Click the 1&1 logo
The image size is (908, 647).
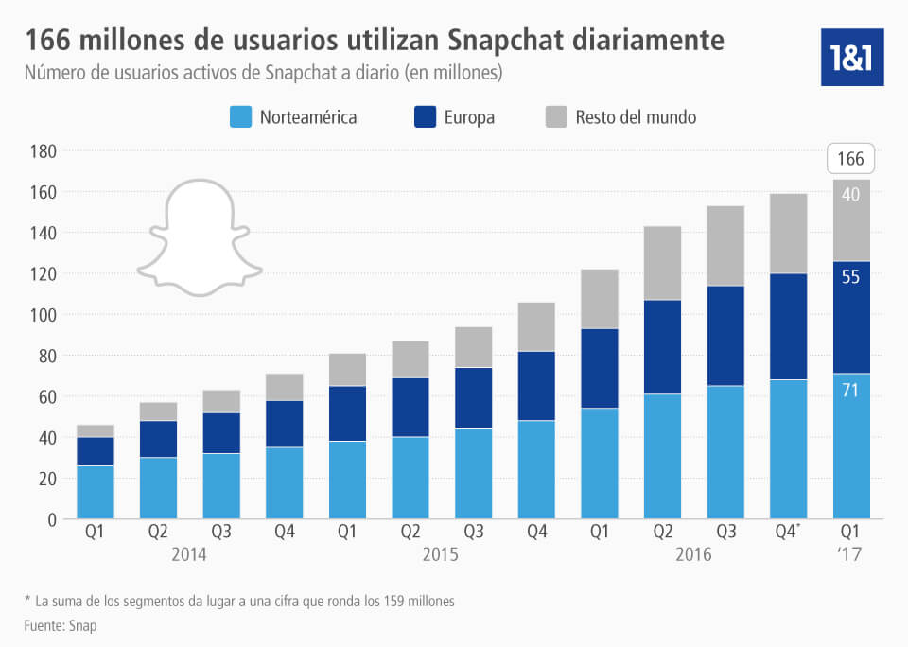[852, 56]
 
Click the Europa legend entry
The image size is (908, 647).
[454, 117]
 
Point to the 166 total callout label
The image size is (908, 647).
[851, 159]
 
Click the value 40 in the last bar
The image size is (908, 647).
[851, 195]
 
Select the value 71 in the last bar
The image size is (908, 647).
[851, 390]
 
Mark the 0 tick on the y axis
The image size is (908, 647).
[53, 519]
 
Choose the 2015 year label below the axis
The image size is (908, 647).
[442, 554]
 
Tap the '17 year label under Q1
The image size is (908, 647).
[851, 554]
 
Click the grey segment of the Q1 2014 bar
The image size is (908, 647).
[96, 431]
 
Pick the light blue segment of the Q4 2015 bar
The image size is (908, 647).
[536, 469]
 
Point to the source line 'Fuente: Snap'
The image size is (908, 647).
[61, 625]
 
